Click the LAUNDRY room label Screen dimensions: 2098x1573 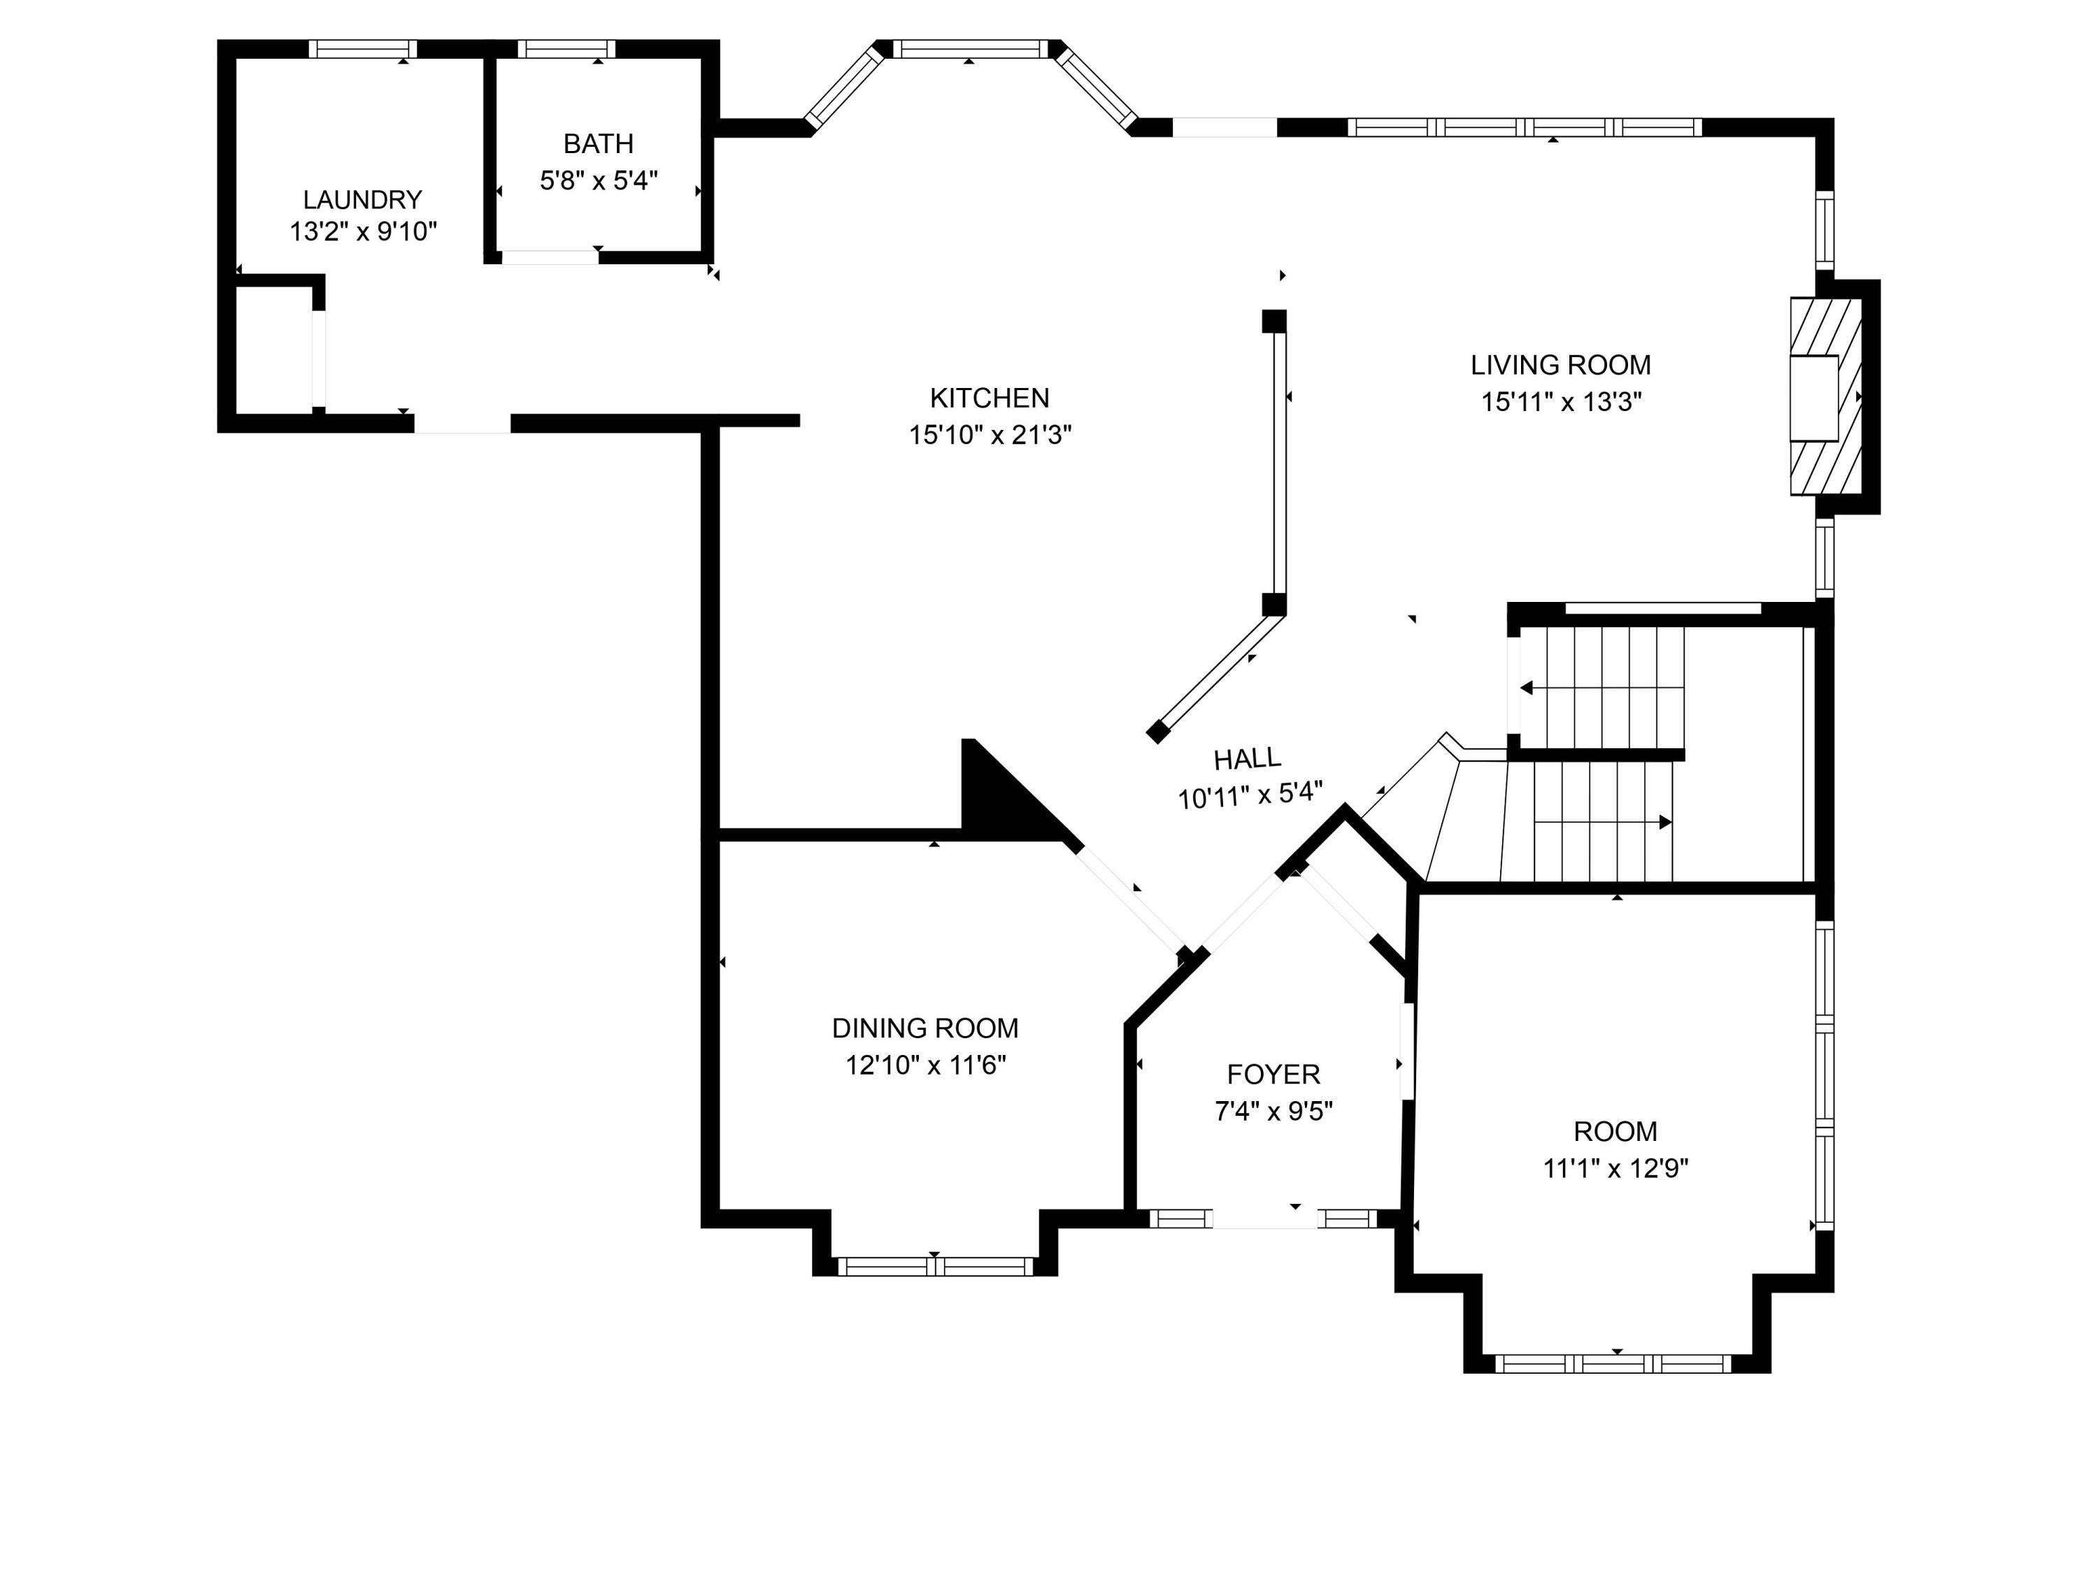point(362,200)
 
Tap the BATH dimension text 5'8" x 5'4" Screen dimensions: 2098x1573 point(599,180)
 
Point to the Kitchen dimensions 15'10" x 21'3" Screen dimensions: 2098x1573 point(990,436)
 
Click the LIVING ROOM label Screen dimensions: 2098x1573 point(1560,365)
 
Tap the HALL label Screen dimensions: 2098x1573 point(1247,759)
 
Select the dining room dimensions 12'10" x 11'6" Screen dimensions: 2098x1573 point(926,1065)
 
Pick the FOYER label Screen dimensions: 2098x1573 point(1273,1075)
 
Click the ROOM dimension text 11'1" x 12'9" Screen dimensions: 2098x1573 point(1615,1168)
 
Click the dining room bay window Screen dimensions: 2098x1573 point(934,1266)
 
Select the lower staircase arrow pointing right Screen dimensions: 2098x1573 point(1603,822)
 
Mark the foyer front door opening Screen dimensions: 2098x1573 point(1265,1219)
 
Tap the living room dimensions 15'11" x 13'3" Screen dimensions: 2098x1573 point(1561,402)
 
